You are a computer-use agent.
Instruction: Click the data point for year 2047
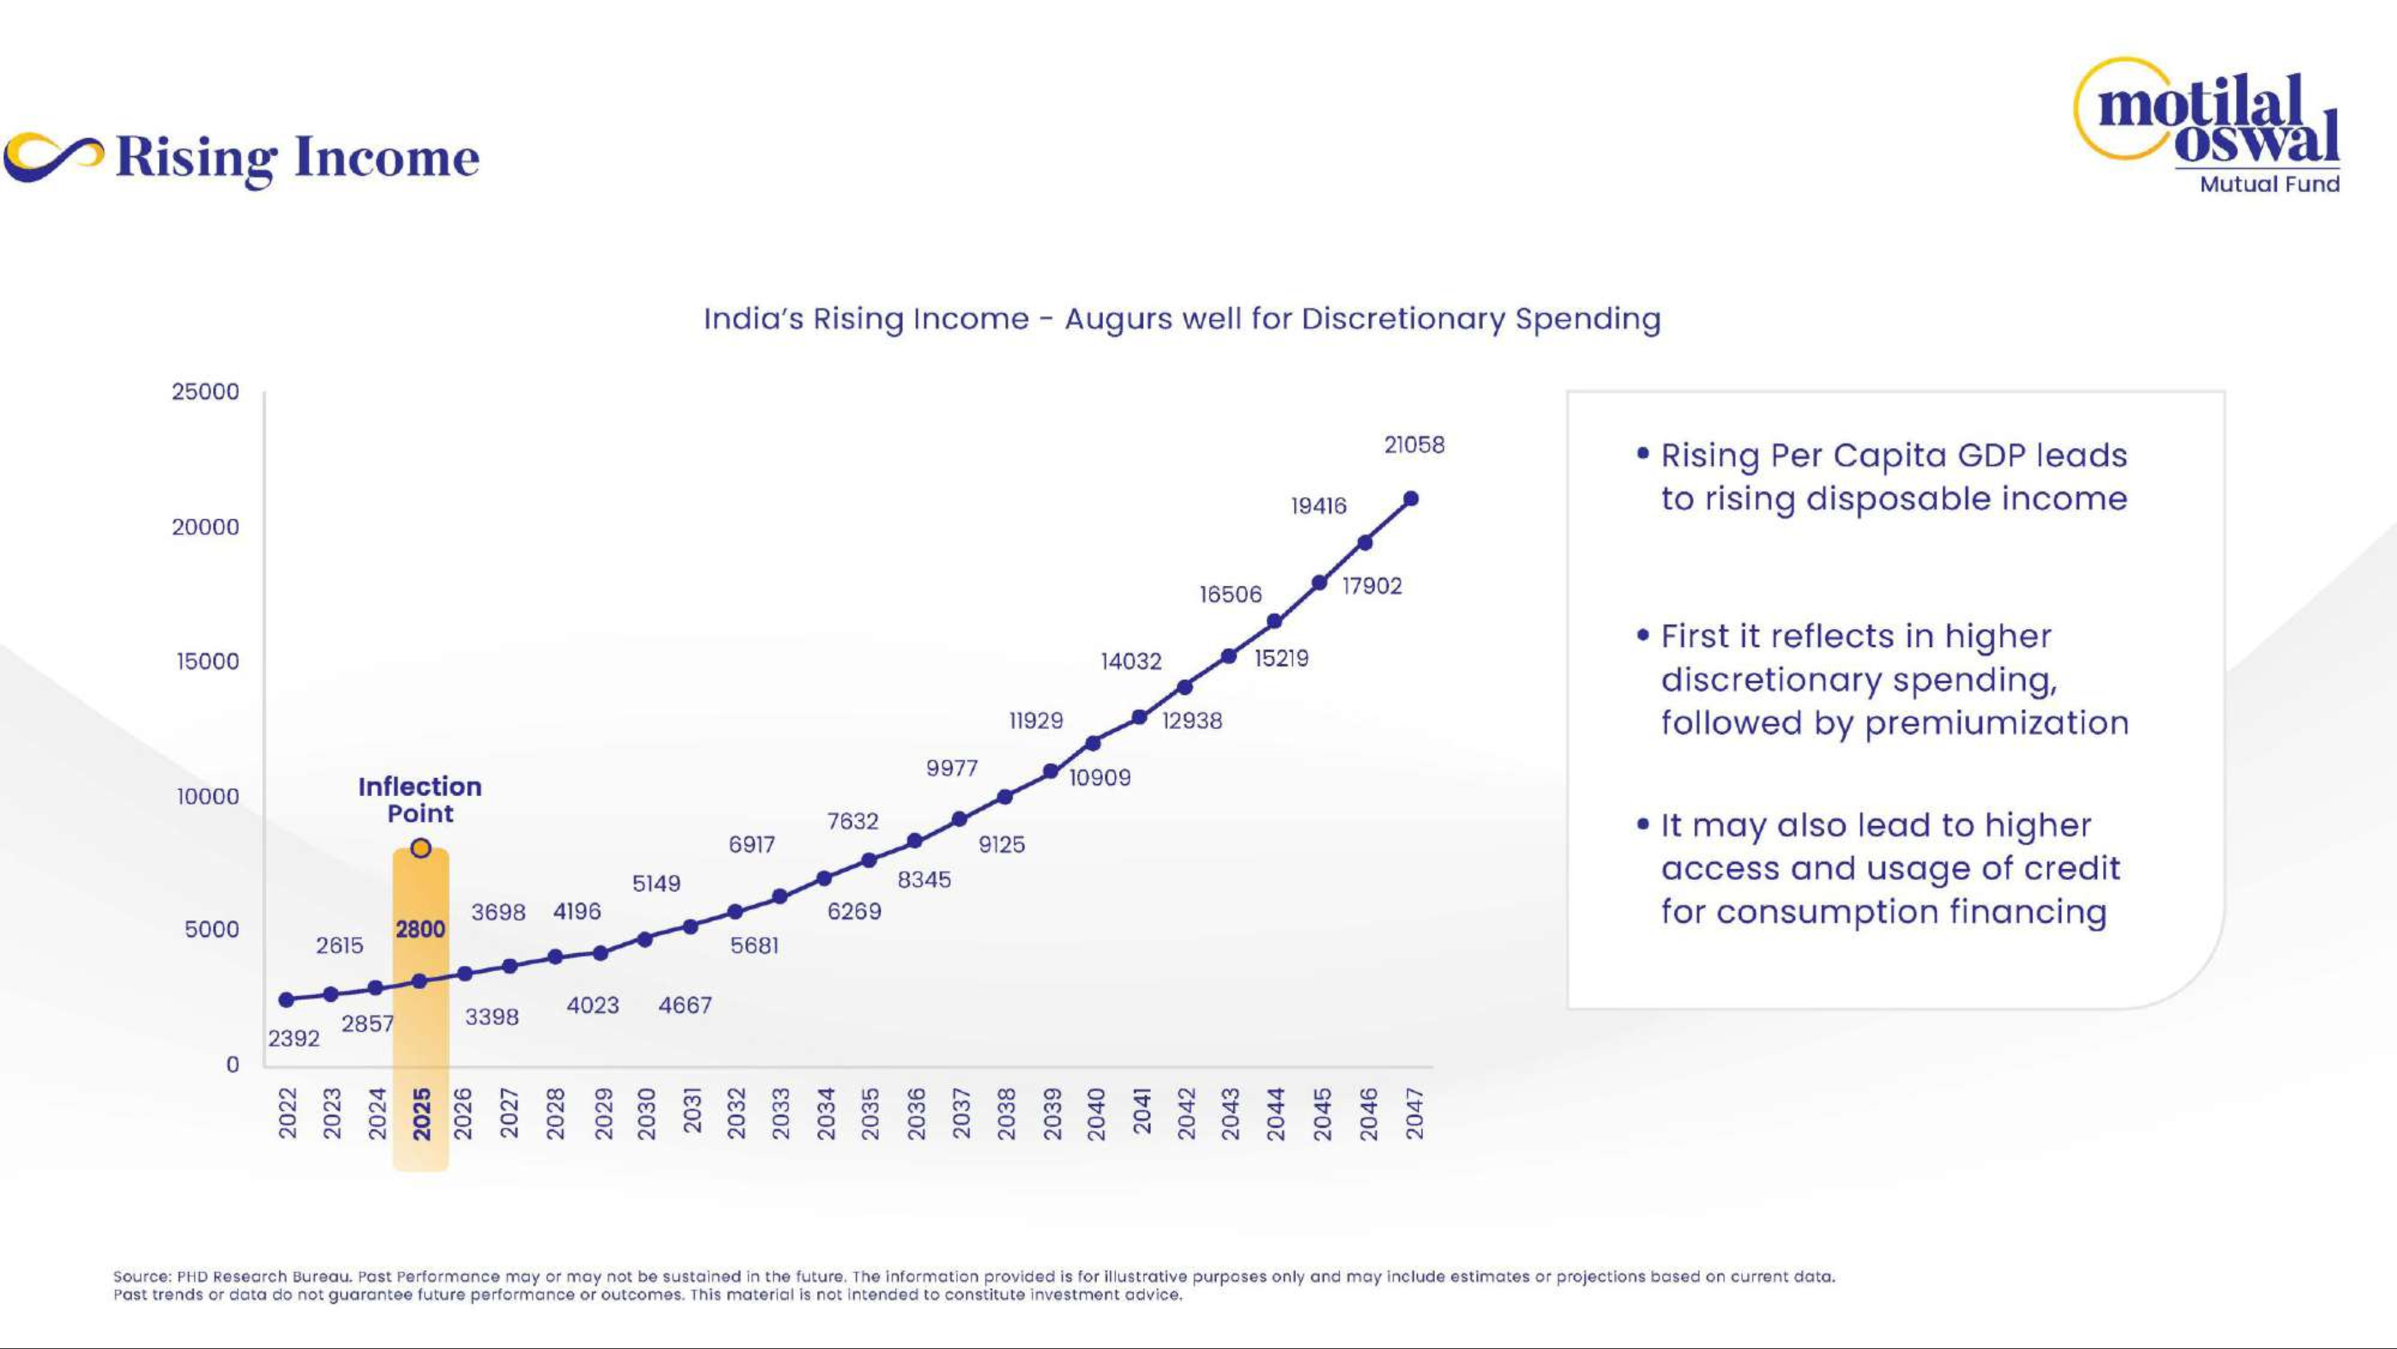[1411, 499]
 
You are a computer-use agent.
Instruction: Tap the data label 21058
[1414, 445]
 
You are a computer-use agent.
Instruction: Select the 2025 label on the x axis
[421, 1113]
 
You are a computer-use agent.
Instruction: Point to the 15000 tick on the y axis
[207, 661]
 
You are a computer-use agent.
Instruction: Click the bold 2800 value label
[421, 929]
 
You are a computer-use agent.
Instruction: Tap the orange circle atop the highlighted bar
[421, 848]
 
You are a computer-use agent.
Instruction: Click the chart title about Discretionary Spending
[1182, 320]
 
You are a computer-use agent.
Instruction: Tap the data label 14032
[1131, 661]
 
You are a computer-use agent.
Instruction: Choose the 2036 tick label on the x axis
[917, 1113]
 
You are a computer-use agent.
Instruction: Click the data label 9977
[952, 768]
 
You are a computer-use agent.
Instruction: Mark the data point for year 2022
[286, 1000]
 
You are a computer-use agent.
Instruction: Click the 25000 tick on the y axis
[206, 392]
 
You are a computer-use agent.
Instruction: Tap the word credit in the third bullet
[2072, 869]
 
